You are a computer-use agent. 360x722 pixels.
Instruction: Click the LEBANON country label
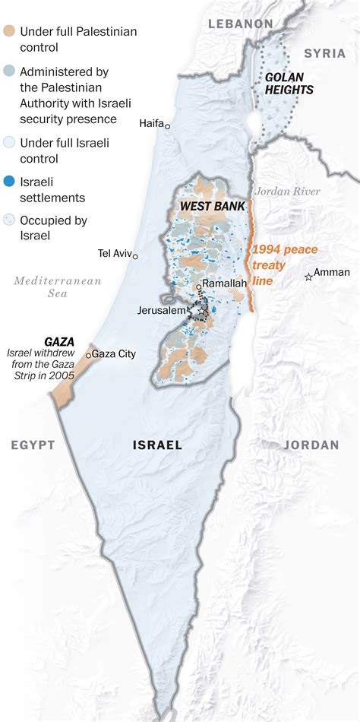[241, 24]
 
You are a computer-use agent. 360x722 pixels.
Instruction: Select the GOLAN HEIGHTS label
[289, 84]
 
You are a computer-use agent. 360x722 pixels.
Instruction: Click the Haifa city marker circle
[168, 126]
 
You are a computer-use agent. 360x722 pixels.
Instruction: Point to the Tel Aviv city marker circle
[135, 256]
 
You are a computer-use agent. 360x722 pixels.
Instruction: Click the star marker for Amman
[308, 277]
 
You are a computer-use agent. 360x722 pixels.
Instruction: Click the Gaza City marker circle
[89, 355]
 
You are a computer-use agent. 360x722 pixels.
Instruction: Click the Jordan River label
[288, 192]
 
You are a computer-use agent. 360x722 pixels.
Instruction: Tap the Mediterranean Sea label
[58, 287]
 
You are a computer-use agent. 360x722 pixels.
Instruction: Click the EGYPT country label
[33, 445]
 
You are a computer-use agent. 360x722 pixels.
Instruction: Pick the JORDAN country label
[311, 445]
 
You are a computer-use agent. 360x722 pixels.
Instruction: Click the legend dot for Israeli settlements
[8, 182]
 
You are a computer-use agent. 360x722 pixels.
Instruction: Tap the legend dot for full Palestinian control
[8, 32]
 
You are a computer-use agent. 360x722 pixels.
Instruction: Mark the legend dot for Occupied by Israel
[8, 220]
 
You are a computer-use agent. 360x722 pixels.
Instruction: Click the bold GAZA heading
[59, 341]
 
